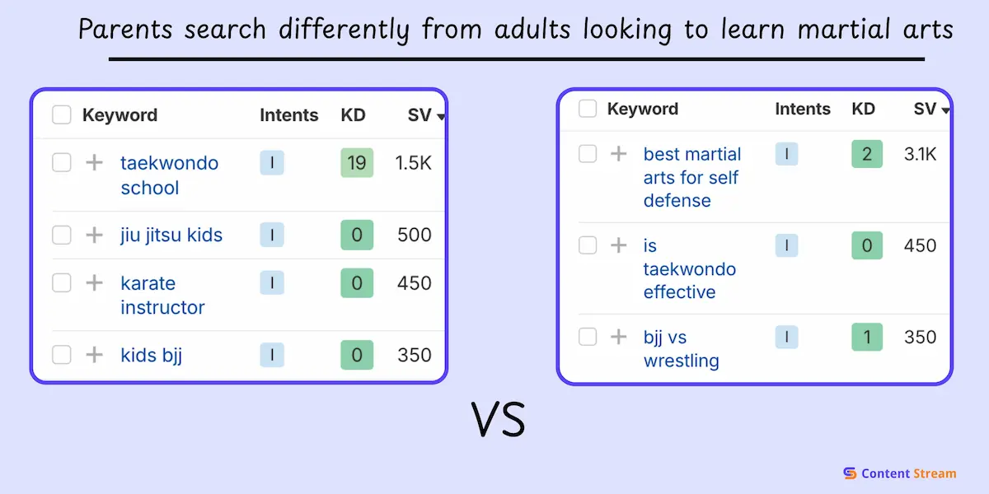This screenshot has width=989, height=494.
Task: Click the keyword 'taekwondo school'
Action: tap(170, 175)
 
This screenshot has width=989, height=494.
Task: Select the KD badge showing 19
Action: tap(357, 163)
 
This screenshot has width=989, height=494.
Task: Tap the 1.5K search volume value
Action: tap(413, 163)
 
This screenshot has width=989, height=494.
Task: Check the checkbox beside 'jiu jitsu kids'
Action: tap(61, 235)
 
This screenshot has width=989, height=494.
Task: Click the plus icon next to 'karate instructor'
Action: tap(94, 282)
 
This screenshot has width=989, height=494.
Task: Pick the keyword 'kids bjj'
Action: tap(151, 356)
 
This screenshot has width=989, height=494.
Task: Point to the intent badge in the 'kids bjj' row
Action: tap(272, 355)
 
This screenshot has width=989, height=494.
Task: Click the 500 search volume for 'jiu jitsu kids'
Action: tap(414, 235)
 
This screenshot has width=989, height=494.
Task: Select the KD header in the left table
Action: tap(354, 115)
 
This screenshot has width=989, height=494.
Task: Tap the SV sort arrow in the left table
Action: tap(441, 117)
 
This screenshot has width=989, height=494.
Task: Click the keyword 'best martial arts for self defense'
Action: tap(691, 177)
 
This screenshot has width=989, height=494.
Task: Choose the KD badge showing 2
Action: tap(867, 154)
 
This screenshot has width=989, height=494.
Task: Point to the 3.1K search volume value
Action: tap(920, 155)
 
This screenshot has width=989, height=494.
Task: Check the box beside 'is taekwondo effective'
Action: tap(588, 245)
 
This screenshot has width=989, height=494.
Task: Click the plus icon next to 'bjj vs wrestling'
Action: tap(619, 337)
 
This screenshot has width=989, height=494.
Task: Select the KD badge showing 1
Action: tap(867, 337)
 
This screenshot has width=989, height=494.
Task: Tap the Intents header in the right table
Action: tap(803, 109)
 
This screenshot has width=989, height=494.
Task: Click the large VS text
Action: tap(499, 419)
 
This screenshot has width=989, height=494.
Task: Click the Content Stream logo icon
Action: tap(850, 473)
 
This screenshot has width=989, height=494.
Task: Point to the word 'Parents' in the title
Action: tap(125, 29)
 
